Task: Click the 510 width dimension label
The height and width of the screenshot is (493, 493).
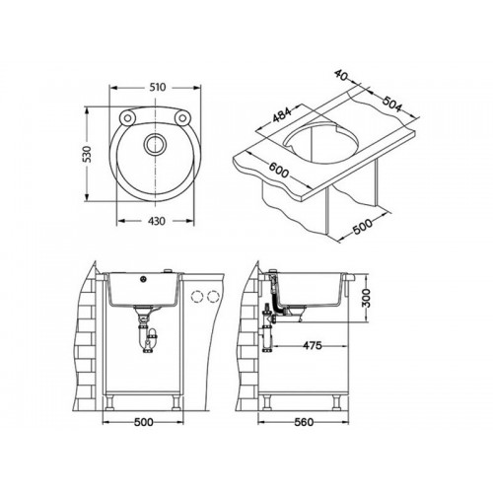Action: click(158, 88)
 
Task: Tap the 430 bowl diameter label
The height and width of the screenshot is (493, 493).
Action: click(157, 221)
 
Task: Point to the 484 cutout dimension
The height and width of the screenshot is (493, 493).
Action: click(282, 114)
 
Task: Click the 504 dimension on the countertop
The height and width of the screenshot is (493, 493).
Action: click(391, 103)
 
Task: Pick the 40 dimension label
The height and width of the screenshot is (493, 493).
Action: click(341, 75)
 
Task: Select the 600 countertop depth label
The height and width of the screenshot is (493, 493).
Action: click(279, 170)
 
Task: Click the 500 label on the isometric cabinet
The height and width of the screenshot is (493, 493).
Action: click(363, 226)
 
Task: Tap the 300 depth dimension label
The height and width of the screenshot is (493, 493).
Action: click(366, 298)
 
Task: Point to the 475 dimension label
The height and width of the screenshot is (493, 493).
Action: click(313, 346)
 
